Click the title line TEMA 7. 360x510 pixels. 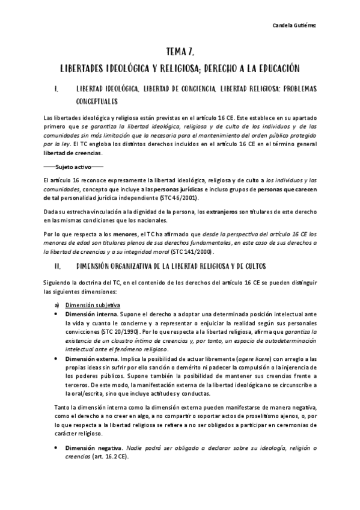point(179,52)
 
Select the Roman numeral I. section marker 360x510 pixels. point(55,90)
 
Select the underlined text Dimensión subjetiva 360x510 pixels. point(93,304)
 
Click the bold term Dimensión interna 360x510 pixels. point(91,314)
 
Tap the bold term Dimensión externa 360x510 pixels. point(91,357)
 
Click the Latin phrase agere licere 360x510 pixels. point(243,357)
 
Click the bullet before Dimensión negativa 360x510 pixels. point(56,448)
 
